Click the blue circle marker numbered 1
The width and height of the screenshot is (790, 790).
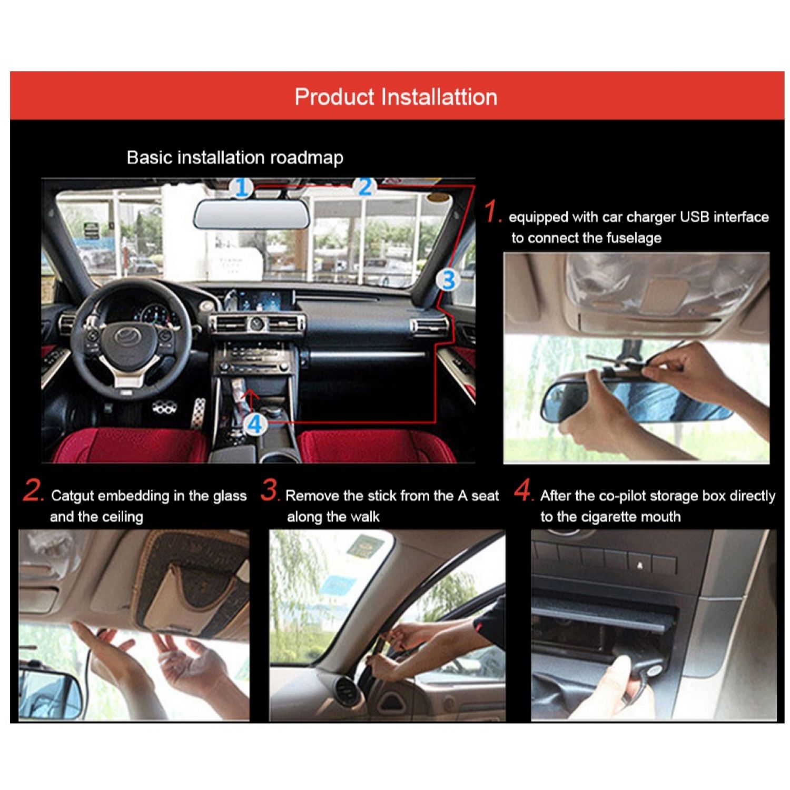point(242,188)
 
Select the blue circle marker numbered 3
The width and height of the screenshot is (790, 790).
point(448,280)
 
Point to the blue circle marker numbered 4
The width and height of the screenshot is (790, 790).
point(255,424)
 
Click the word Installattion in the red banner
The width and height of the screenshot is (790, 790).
point(439,97)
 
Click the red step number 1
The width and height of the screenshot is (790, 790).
point(492,212)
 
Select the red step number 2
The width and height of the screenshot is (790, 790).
point(33,490)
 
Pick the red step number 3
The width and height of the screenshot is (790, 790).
point(269,490)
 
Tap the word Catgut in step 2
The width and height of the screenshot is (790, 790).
point(73,496)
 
